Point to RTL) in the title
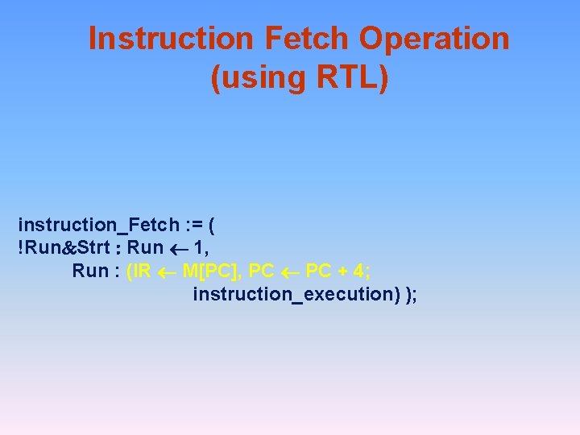coord(348,78)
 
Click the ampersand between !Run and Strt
coord(70,247)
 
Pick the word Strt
coord(96,246)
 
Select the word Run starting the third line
coord(90,270)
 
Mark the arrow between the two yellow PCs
coord(289,271)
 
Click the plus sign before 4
coord(342,271)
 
